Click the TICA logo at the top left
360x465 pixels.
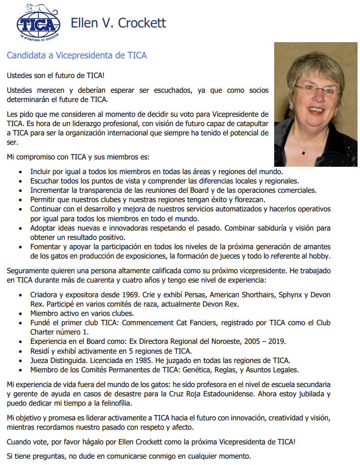point(38,22)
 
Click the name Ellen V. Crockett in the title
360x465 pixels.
point(118,23)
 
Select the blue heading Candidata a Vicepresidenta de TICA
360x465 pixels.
point(77,55)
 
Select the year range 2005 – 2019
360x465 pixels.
point(270,341)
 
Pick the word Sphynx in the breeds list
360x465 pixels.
point(292,294)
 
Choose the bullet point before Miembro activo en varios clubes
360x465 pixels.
point(20,313)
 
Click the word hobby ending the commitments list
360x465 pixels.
point(318,256)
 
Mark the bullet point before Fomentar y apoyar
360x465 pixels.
point(20,247)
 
